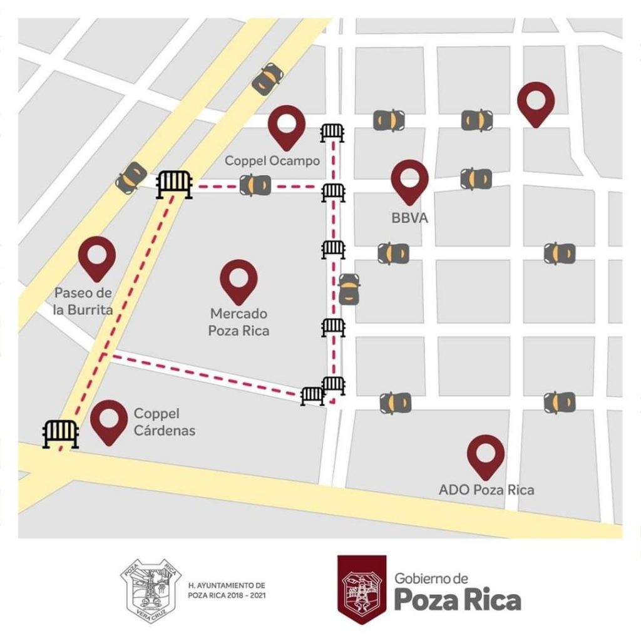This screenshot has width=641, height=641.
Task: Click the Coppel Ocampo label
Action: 272,161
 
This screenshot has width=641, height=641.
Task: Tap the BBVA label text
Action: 406,219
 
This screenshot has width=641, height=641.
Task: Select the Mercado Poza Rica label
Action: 239,321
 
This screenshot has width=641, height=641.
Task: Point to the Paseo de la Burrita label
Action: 83,300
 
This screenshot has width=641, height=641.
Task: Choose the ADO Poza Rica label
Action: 486,490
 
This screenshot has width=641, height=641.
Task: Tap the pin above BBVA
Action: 409,180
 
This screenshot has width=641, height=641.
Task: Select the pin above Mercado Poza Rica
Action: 238,280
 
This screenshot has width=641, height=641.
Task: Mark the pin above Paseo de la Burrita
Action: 97,257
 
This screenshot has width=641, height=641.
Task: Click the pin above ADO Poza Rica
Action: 486,455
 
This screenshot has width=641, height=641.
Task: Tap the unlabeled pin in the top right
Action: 536,103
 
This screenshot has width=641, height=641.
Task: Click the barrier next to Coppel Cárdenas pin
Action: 61,433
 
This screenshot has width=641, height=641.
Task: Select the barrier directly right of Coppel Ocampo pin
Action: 332,133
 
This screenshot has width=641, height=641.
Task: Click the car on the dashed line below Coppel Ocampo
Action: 255,185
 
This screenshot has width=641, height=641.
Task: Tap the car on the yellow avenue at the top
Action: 267,79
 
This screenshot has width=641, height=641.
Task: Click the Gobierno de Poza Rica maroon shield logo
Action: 360,588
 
